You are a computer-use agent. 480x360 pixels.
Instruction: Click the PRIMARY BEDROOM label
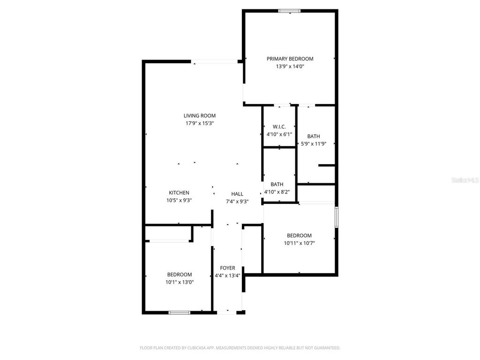[290, 59]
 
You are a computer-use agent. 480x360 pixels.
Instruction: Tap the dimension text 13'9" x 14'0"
[290, 67]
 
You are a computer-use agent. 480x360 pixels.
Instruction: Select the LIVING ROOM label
[199, 115]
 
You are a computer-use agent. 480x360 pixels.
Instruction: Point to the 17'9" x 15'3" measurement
[199, 123]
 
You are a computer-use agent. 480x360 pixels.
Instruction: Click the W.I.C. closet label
[279, 127]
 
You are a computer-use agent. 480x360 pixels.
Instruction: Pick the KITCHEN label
[179, 193]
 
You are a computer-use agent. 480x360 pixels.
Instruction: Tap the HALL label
[237, 194]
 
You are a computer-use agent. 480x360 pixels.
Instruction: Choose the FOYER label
[228, 268]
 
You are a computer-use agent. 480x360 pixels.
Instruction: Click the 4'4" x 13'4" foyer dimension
[228, 276]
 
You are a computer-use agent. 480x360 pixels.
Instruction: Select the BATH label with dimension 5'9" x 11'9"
[314, 136]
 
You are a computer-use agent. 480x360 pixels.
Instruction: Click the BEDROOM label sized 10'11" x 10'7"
[299, 235]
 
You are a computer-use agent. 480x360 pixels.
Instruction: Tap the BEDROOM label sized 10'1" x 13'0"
[179, 275]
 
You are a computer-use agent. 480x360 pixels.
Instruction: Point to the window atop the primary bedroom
[290, 11]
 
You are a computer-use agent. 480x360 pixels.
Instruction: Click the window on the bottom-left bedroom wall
[179, 312]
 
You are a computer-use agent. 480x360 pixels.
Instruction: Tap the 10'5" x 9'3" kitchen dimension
[179, 200]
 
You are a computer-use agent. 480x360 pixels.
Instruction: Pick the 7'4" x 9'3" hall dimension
[237, 202]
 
